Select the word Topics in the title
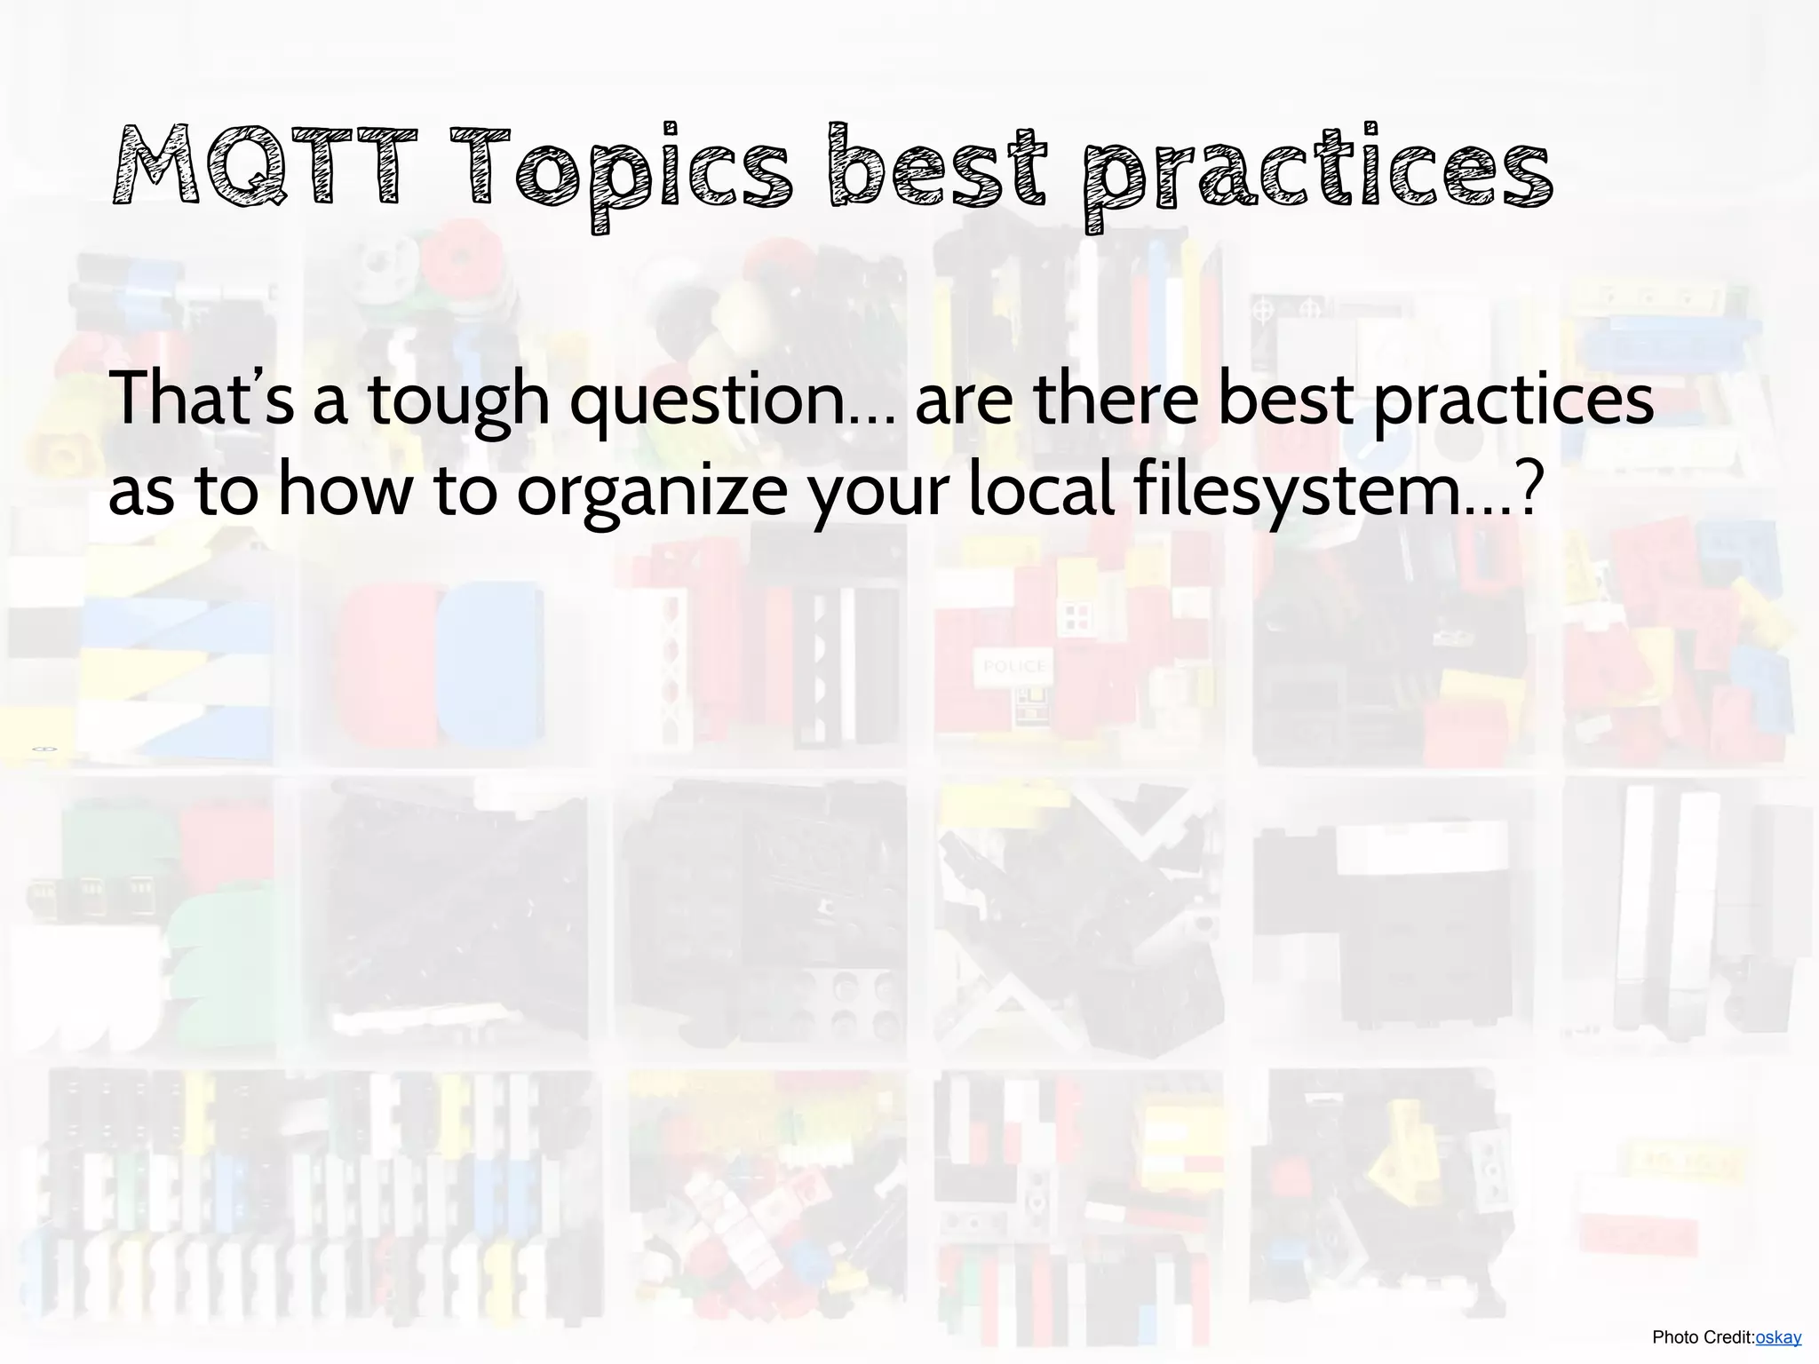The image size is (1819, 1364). (x=621, y=169)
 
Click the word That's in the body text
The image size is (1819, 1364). (x=201, y=399)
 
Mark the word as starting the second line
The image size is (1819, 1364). (x=142, y=493)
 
